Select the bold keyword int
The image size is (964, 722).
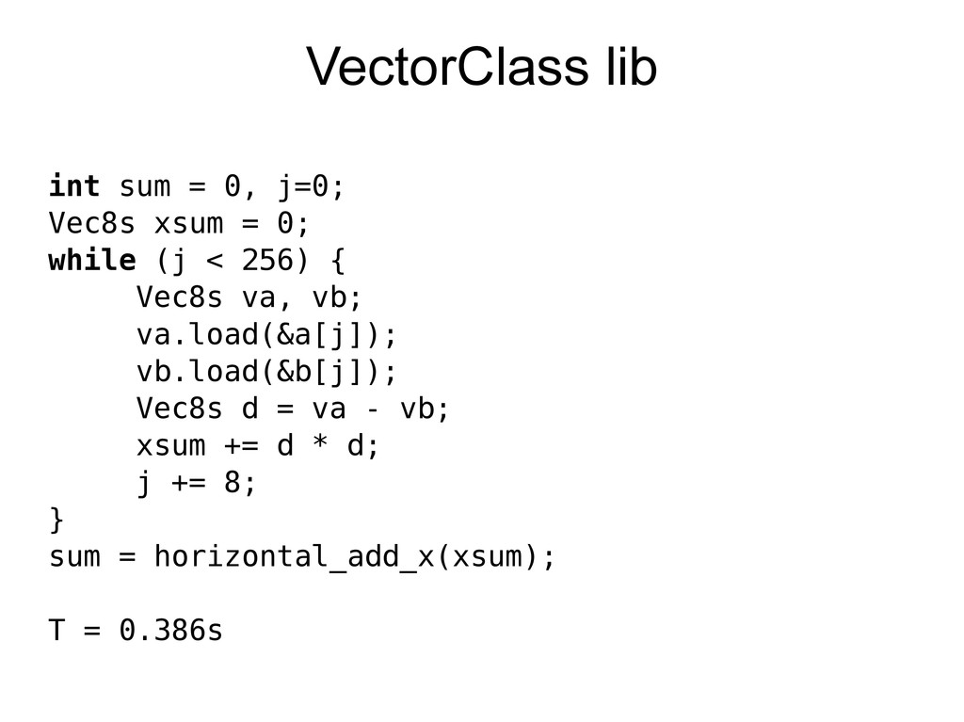coord(74,187)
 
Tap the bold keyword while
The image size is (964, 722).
coord(92,261)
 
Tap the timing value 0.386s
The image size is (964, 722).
coord(171,631)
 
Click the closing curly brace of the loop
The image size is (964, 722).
coord(57,520)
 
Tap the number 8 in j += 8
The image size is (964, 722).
coord(233,483)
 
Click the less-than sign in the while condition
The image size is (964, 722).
coord(207,261)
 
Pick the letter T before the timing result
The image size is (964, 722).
coord(57,631)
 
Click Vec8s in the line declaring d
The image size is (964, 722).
coord(180,409)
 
